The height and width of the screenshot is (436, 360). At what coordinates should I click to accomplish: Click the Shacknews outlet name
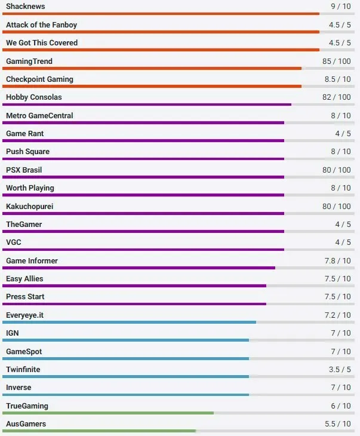[25, 7]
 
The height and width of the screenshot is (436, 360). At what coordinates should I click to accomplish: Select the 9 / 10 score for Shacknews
[341, 7]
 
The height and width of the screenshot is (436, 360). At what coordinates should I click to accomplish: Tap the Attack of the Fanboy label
[41, 25]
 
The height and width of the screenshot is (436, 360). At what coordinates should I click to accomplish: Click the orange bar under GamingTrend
[152, 68]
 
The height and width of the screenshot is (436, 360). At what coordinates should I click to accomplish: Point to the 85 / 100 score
[337, 61]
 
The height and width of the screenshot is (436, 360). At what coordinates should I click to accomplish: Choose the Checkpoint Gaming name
[39, 79]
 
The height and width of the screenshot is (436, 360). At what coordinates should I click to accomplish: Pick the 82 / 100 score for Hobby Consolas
[337, 97]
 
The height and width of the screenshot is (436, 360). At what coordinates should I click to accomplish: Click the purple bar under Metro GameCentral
[143, 122]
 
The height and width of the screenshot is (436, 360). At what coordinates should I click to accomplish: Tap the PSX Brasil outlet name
[24, 170]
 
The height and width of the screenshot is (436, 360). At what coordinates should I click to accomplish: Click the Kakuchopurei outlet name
[30, 206]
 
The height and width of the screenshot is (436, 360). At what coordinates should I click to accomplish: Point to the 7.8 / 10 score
[339, 261]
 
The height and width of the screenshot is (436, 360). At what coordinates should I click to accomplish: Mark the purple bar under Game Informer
[139, 268]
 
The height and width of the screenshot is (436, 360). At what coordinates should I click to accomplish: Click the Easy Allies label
[24, 279]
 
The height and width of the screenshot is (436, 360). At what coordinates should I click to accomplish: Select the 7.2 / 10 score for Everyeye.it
[339, 315]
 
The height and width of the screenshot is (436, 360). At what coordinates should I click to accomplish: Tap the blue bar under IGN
[125, 340]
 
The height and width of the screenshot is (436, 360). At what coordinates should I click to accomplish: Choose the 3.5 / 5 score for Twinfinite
[340, 370]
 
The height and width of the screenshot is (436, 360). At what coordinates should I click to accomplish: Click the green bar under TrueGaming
[107, 413]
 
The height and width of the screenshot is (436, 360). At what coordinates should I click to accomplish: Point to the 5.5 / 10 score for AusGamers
[339, 424]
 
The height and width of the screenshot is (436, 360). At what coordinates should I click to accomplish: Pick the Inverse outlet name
[19, 388]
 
